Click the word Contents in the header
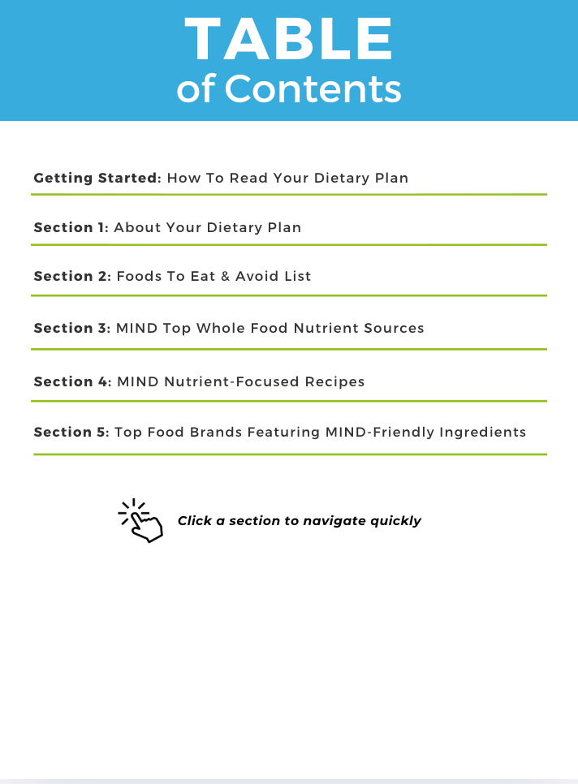click(313, 88)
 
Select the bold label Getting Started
click(96, 178)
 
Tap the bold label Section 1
click(70, 227)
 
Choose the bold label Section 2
click(71, 276)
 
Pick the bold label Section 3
click(71, 328)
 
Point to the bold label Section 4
click(71, 381)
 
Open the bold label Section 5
click(71, 432)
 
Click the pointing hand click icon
click(141, 521)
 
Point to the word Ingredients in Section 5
click(482, 432)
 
